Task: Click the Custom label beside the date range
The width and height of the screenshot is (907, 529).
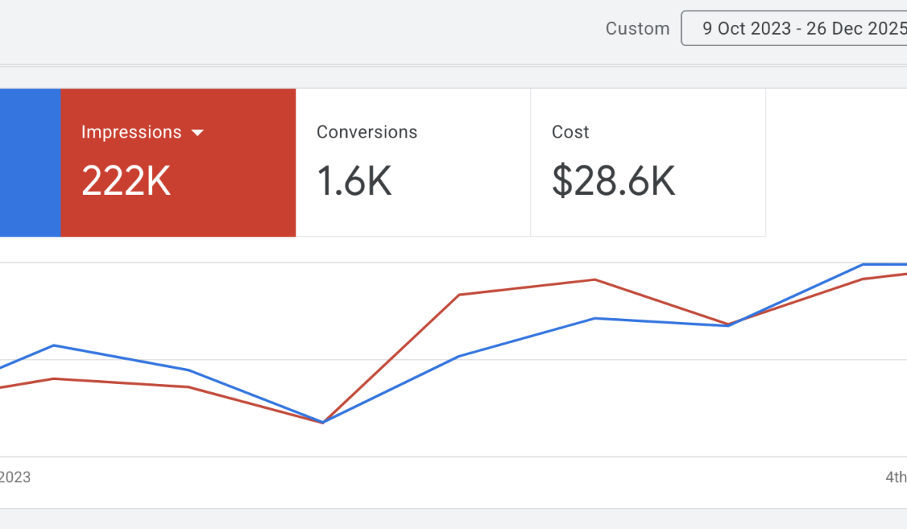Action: (x=637, y=29)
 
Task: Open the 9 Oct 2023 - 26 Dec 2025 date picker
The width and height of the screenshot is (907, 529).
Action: (x=801, y=29)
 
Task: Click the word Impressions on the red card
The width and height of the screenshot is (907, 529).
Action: (x=132, y=132)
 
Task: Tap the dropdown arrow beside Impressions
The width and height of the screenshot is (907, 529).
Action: (x=197, y=133)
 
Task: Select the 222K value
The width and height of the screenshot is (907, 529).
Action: (x=126, y=181)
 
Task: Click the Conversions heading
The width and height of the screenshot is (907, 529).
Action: (x=367, y=132)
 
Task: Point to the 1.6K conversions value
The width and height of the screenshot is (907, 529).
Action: (x=354, y=181)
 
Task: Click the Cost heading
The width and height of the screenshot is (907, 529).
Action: (x=571, y=132)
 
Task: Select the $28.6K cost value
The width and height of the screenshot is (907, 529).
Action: (x=613, y=181)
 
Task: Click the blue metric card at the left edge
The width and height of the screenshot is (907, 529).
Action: (x=29, y=162)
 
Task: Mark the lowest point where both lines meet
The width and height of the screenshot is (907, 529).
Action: (x=323, y=422)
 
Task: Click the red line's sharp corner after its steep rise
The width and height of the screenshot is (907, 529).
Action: (x=460, y=295)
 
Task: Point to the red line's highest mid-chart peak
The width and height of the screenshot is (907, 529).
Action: (x=596, y=280)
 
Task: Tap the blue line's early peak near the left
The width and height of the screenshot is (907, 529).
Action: (x=53, y=345)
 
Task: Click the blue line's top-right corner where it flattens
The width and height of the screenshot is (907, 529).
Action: (x=863, y=264)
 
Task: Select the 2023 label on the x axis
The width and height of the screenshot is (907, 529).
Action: (x=15, y=478)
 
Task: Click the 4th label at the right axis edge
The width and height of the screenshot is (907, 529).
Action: (x=896, y=478)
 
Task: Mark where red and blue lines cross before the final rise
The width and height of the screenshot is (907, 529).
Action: (x=728, y=325)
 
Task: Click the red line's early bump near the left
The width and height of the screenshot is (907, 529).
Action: (x=53, y=379)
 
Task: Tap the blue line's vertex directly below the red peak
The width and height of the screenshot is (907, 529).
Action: (x=596, y=318)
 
